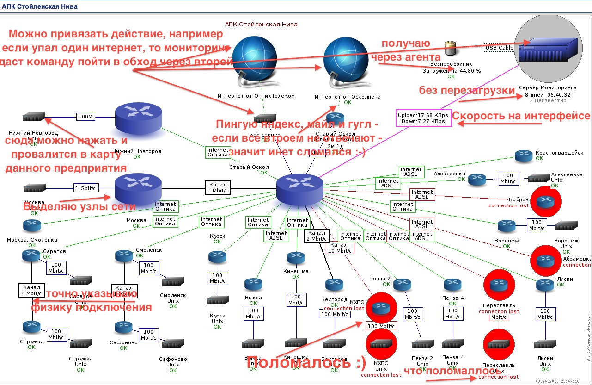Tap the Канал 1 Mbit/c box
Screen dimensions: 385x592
click(x=218, y=187)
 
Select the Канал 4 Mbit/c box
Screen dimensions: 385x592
click(x=31, y=290)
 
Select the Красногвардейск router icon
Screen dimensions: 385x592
click(x=524, y=155)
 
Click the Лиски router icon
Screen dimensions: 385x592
click(x=545, y=286)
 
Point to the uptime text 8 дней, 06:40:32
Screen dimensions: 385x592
click(x=547, y=94)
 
